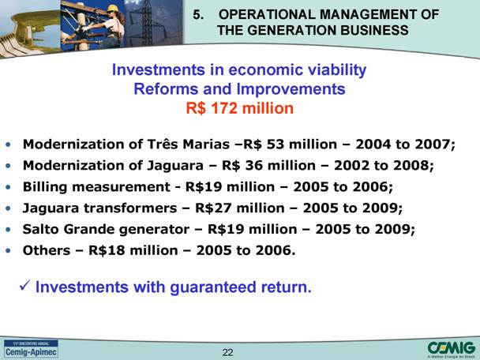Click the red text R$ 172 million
point(240,108)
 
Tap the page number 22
point(227,352)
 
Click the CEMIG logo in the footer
point(452,350)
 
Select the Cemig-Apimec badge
point(31,349)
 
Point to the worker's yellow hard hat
point(113,8)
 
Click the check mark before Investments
point(24,286)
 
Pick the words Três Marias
point(188,144)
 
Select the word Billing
point(45,187)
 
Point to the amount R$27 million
point(240,208)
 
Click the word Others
point(47,250)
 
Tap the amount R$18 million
point(133,250)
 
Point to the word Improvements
point(291,89)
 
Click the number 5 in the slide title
point(197,15)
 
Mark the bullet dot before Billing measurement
point(8,187)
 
